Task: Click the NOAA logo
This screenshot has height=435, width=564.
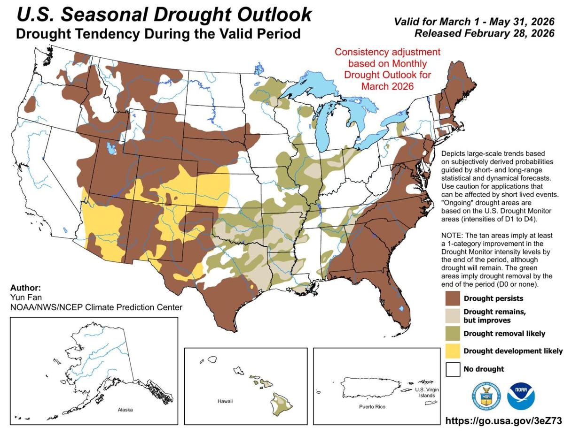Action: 520,395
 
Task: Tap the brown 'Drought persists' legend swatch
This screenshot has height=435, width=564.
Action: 453,298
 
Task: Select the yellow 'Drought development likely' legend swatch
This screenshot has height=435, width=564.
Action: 453,351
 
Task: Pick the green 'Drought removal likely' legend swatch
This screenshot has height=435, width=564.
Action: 453,333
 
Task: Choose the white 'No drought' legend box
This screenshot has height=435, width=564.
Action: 453,369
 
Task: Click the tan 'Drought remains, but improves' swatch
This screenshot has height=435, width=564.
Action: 453,315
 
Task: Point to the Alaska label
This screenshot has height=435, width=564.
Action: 125,409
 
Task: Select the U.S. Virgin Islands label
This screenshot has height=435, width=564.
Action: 425,393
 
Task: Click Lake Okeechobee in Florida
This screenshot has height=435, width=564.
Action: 400,309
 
